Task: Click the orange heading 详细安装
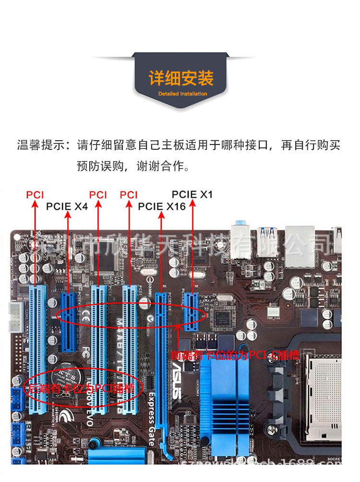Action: coord(180,78)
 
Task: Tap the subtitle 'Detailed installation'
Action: coord(182,94)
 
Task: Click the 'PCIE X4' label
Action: coord(67,206)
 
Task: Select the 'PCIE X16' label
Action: coord(162,206)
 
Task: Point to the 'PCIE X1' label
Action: coord(192,194)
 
